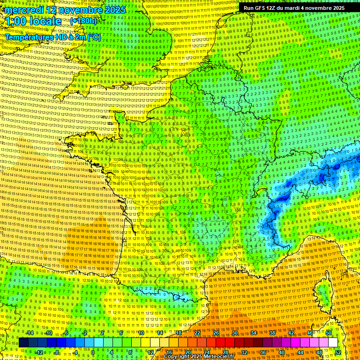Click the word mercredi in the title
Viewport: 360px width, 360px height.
tap(24, 10)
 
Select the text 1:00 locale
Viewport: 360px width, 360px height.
tap(34, 22)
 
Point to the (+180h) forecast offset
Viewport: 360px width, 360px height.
tap(83, 21)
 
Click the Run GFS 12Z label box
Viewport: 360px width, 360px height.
tap(294, 8)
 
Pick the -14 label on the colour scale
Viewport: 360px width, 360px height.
tap(29, 333)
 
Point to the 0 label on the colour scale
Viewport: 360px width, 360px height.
tap(93, 352)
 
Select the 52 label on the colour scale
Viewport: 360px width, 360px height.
tap(338, 352)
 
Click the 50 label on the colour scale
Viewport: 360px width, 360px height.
tap(329, 333)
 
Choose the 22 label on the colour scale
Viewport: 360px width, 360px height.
tap(197, 333)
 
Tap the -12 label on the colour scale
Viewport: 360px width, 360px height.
tap(39, 352)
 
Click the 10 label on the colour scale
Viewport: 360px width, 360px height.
tap(141, 333)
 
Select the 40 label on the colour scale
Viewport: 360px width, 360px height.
tap(282, 352)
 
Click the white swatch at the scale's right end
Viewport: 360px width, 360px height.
tap(333, 342)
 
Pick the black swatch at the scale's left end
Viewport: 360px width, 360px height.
tap(24, 342)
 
